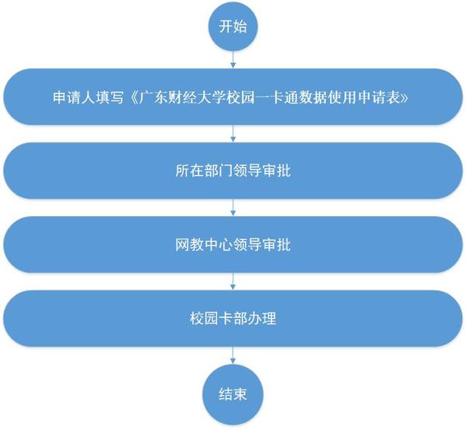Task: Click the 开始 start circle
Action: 233,26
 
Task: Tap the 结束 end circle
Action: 233,395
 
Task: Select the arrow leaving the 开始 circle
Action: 233,60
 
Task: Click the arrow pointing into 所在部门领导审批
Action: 233,134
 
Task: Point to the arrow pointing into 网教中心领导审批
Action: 233,208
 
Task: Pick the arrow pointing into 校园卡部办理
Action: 233,281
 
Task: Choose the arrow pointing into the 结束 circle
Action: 233,355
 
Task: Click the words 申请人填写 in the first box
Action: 88,97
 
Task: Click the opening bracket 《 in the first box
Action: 131,97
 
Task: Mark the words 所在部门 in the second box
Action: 204,171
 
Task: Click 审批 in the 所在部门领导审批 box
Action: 276,171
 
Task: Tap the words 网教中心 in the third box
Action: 204,245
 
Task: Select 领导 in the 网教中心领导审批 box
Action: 247,245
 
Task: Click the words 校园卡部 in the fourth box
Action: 219,319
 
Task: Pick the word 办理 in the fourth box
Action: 262,319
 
